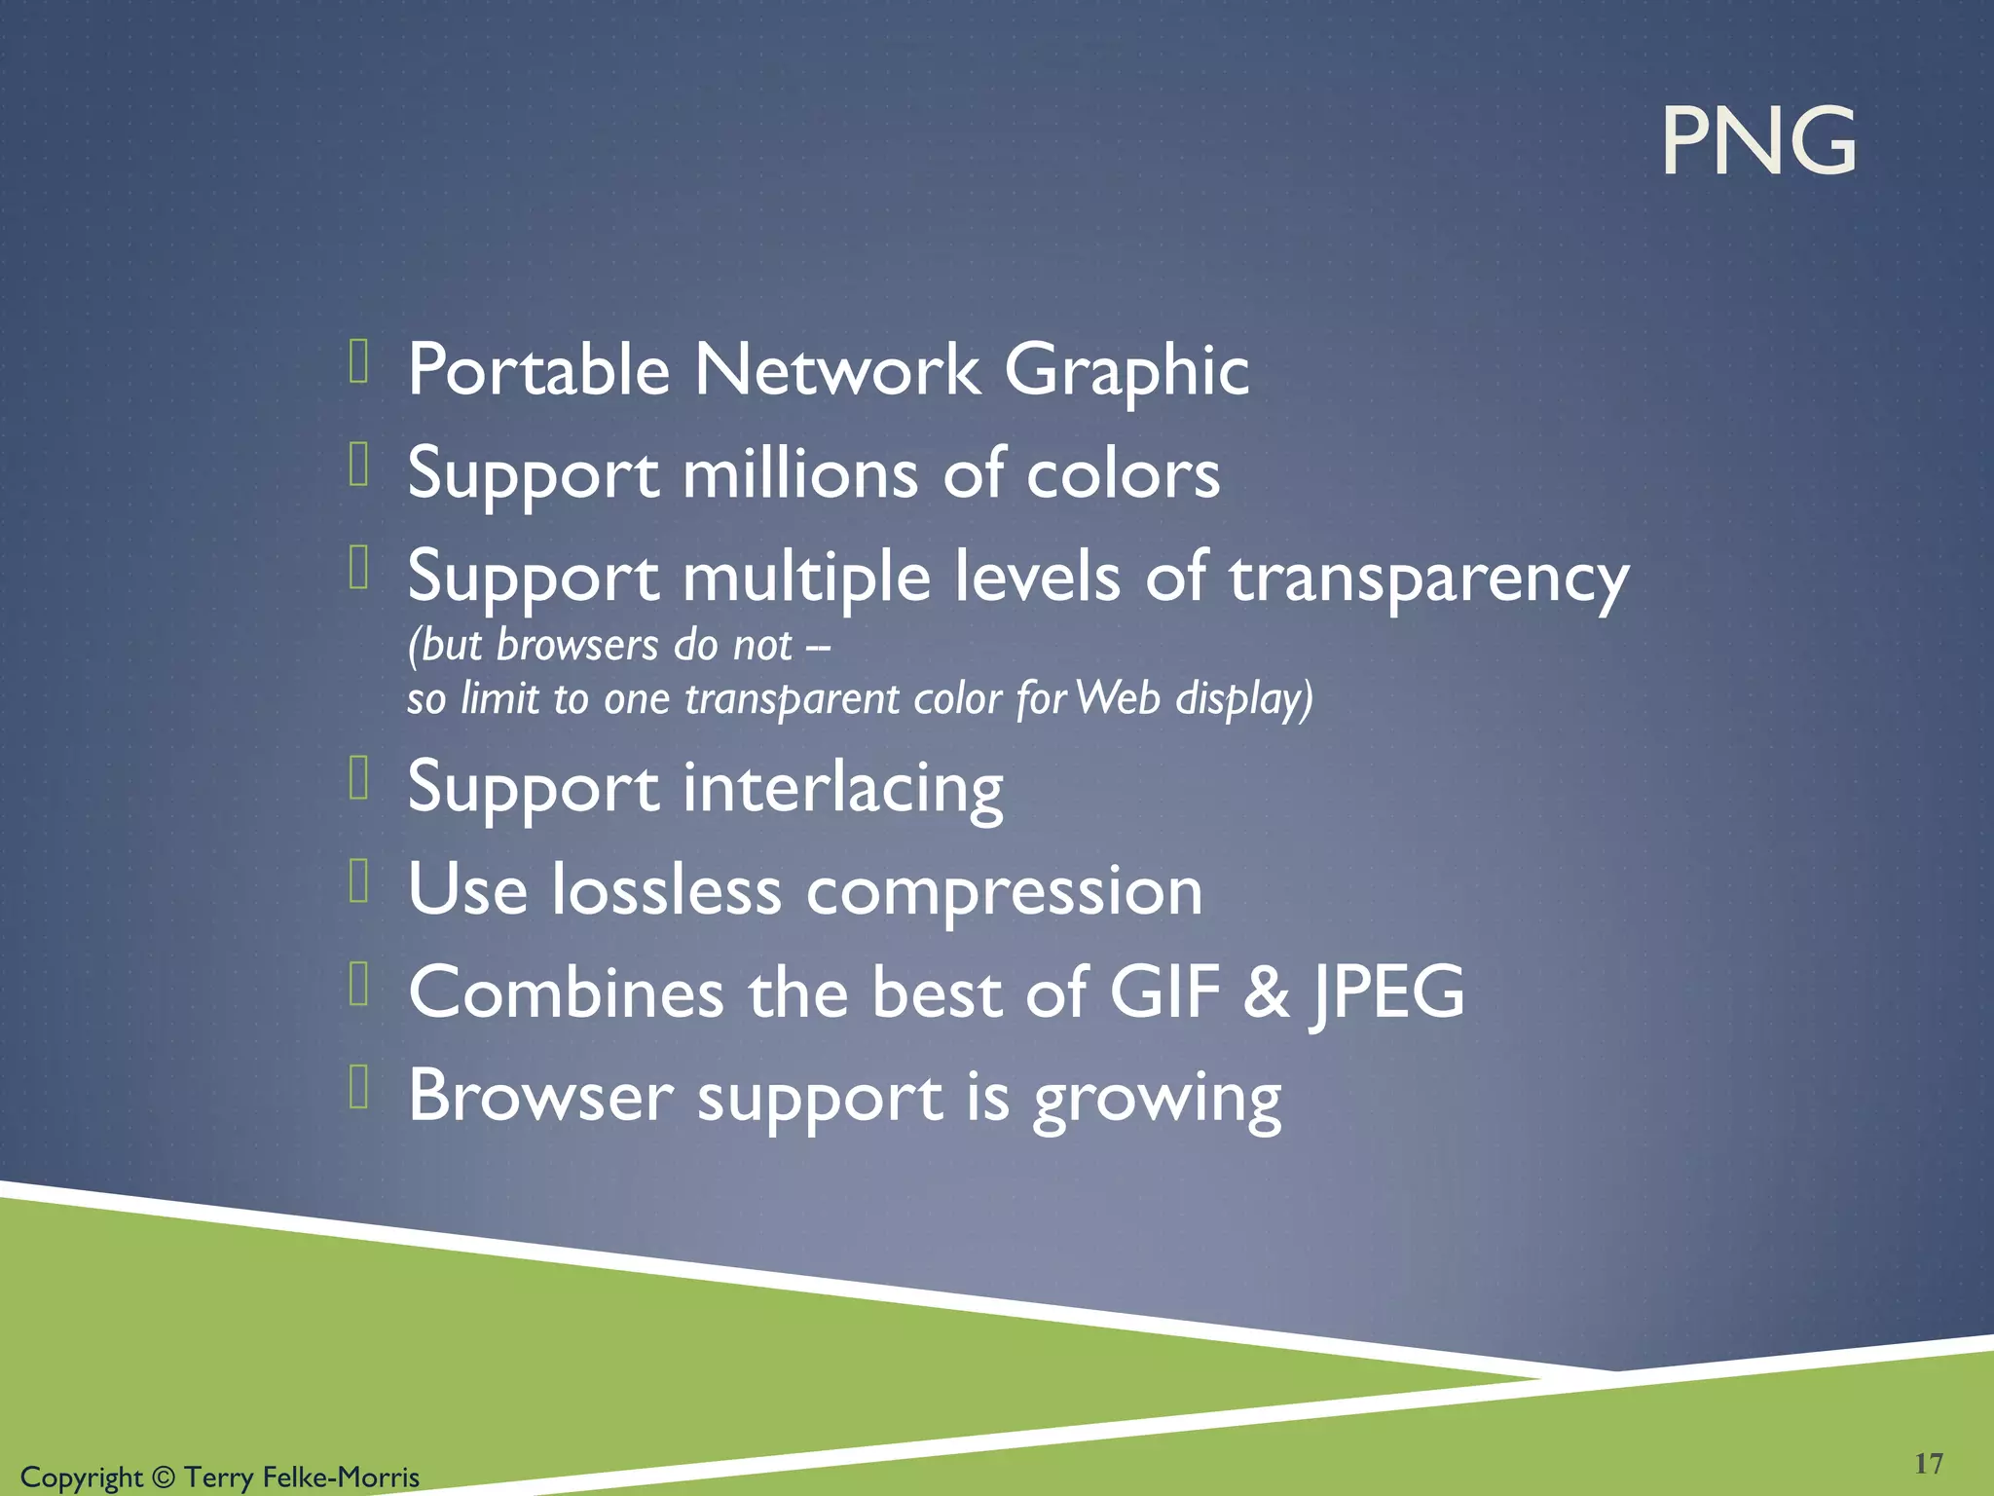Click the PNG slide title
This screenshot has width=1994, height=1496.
(x=1758, y=142)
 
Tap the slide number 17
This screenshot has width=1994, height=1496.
(x=1929, y=1464)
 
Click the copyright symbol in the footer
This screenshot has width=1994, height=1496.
(x=164, y=1477)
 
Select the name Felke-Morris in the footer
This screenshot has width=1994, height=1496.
(x=341, y=1477)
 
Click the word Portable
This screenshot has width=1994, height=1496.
(x=538, y=370)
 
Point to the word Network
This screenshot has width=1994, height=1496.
(x=837, y=370)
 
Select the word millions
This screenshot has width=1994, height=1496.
(x=800, y=473)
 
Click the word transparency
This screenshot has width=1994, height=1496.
(x=1428, y=580)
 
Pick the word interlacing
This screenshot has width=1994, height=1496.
(x=842, y=788)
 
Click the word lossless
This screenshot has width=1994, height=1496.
(x=667, y=890)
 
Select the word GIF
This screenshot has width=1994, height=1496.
(x=1164, y=993)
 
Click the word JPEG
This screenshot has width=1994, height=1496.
(x=1386, y=993)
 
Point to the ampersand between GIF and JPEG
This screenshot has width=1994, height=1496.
(x=1266, y=993)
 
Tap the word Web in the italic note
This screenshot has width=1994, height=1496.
(x=1118, y=698)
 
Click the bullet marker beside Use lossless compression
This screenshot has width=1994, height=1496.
(x=358, y=880)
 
